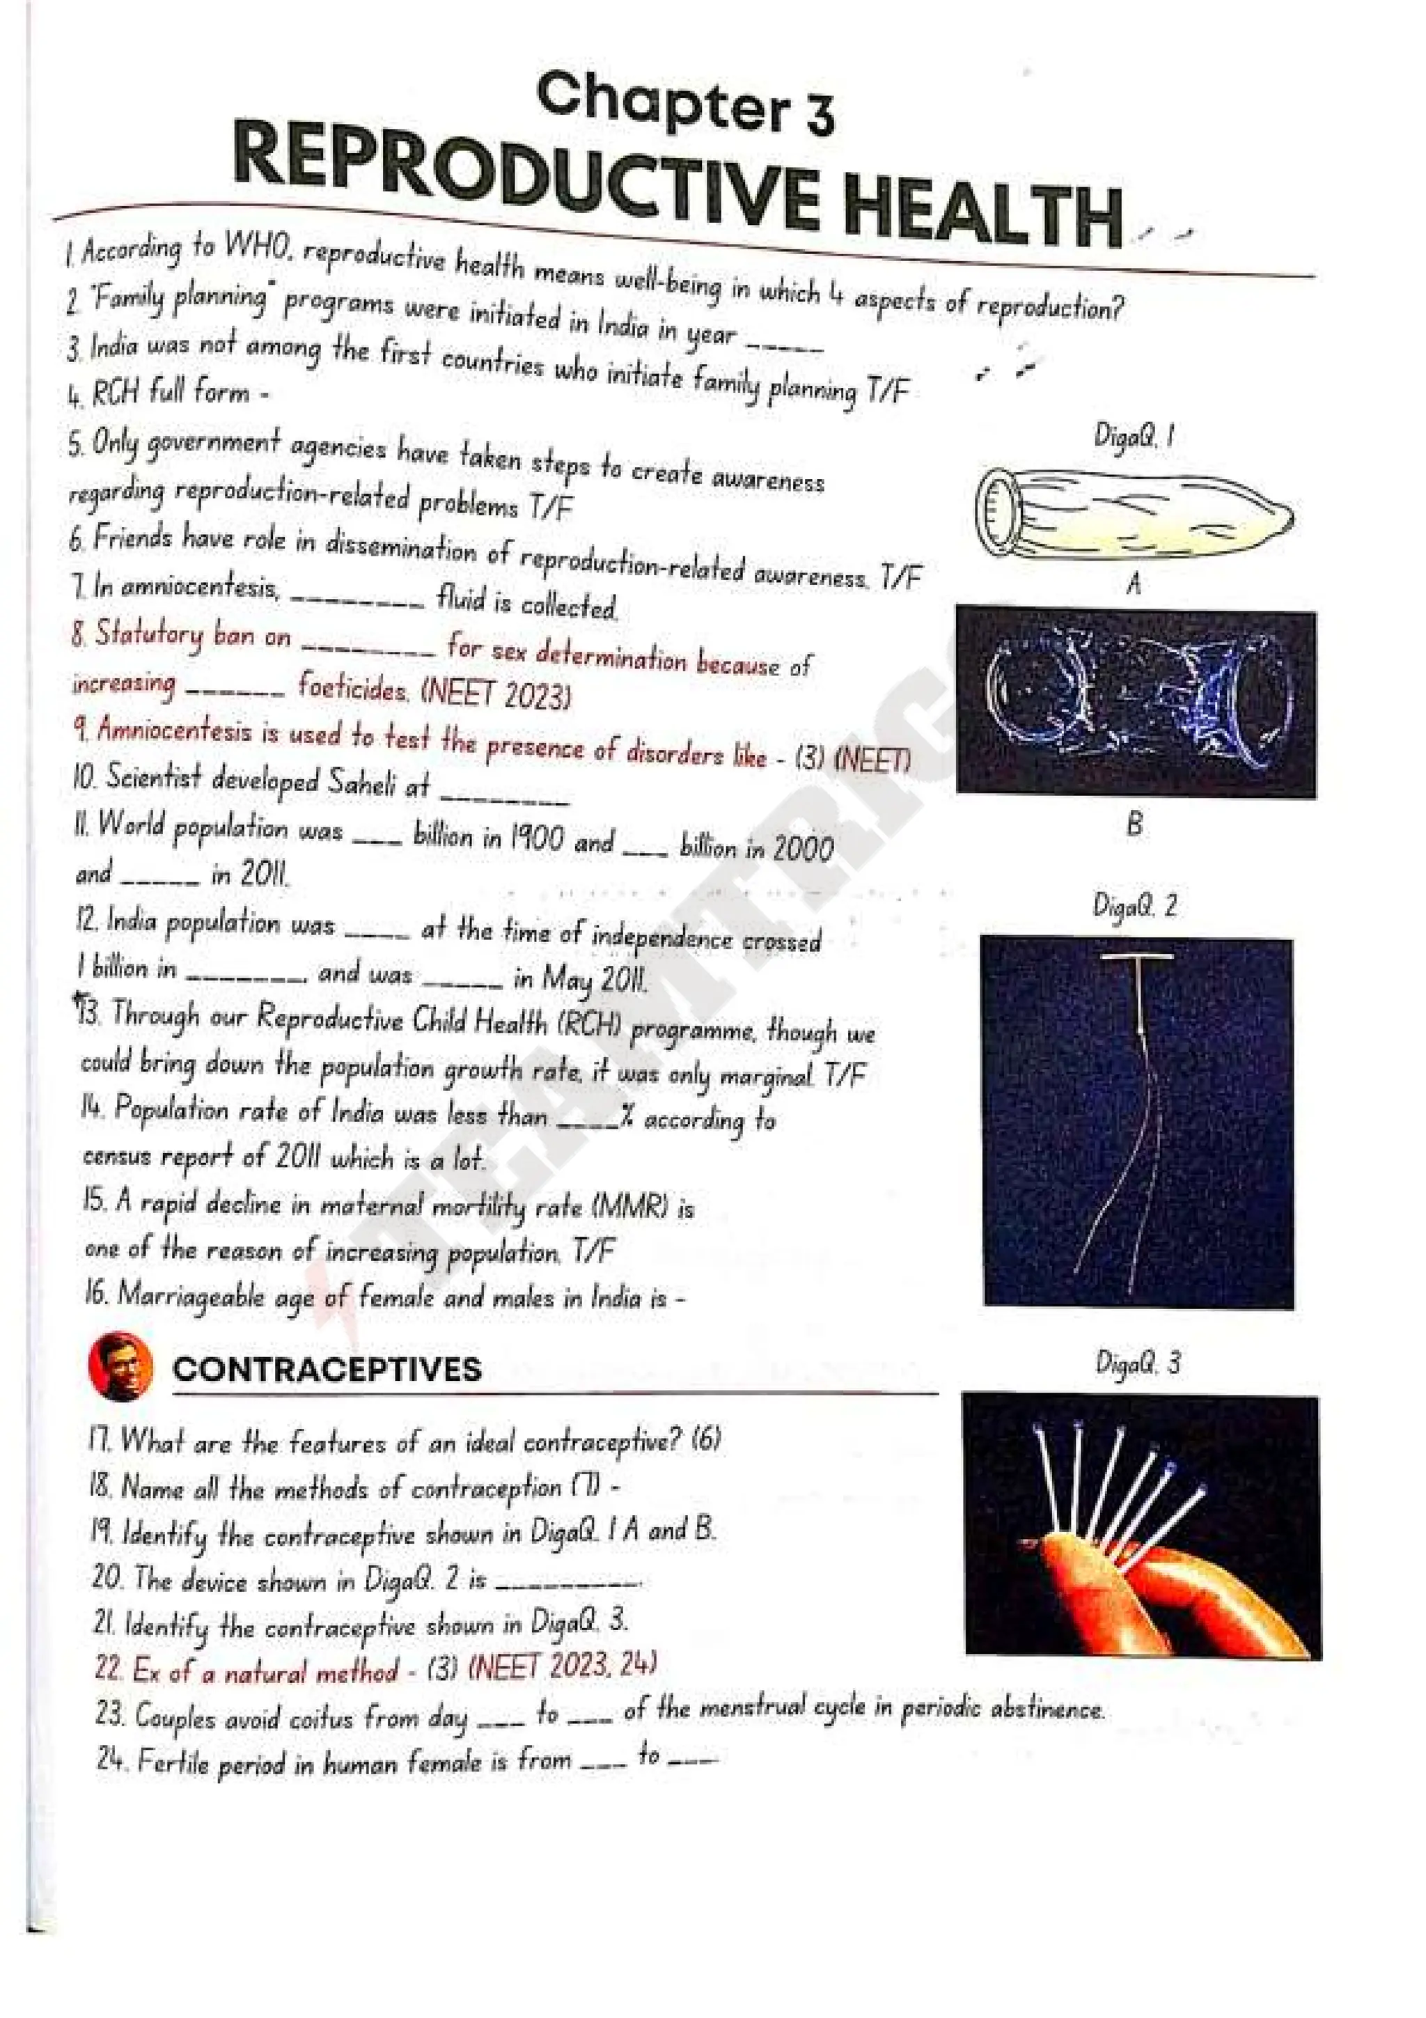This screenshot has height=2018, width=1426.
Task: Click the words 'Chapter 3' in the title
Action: point(685,104)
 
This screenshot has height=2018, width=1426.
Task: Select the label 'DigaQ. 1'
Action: point(1134,435)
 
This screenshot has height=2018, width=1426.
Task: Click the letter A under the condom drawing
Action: point(1134,584)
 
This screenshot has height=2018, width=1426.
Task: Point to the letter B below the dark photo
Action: point(1134,824)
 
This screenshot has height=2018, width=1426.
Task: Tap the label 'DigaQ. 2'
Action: point(1134,905)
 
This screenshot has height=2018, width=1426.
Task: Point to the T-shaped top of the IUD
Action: point(1138,957)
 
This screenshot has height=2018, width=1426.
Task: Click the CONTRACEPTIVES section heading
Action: point(327,1369)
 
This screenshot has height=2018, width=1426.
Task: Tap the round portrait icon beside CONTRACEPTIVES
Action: point(120,1367)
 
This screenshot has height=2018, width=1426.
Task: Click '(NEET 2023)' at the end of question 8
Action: point(496,694)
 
